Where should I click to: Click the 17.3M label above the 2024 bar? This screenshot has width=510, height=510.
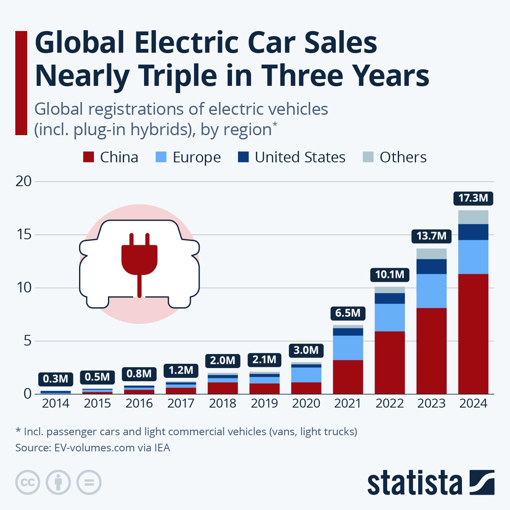coord(473,198)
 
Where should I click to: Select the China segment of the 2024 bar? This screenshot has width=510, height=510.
coord(473,334)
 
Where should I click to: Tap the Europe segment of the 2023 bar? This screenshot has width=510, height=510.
coord(431,291)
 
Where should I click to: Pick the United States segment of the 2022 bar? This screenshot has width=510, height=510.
coord(390,298)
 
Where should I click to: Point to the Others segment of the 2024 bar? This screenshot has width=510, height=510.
coord(473,217)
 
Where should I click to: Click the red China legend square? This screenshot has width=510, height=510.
coord(88,157)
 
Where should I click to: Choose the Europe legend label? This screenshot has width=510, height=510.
coord(196,157)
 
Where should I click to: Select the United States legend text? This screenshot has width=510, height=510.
coord(300,157)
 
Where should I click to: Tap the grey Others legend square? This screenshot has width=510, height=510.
coord(368,157)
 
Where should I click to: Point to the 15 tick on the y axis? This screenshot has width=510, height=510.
coord(24,235)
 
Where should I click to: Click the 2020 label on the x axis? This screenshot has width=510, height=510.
coord(306,403)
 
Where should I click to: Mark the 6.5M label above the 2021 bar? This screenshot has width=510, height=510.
coord(348,313)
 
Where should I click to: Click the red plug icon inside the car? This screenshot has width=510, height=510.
coord(139,259)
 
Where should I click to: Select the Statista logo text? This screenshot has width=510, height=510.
coord(414,483)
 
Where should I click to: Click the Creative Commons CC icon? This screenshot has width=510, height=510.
coord(28,482)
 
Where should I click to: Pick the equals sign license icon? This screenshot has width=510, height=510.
coord(89,482)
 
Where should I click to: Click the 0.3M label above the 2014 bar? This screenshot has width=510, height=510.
coord(56,379)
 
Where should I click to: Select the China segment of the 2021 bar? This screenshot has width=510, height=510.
coord(348,377)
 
